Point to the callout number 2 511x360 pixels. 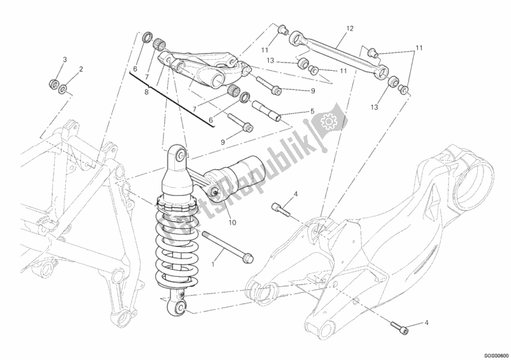pyautogui.click(x=81, y=68)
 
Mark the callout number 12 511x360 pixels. pyautogui.click(x=350, y=29)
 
